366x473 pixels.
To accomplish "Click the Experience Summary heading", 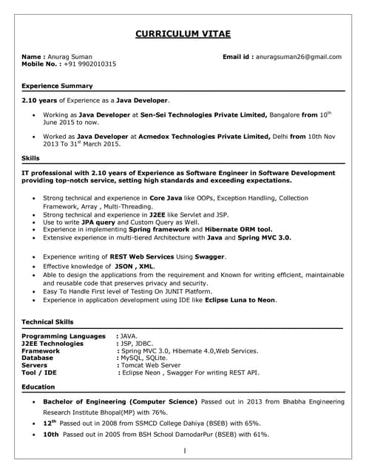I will [56, 85].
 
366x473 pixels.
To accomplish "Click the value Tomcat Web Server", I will [151, 365].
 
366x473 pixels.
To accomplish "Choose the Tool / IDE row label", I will [39, 373].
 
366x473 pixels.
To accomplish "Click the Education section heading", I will [38, 387].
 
